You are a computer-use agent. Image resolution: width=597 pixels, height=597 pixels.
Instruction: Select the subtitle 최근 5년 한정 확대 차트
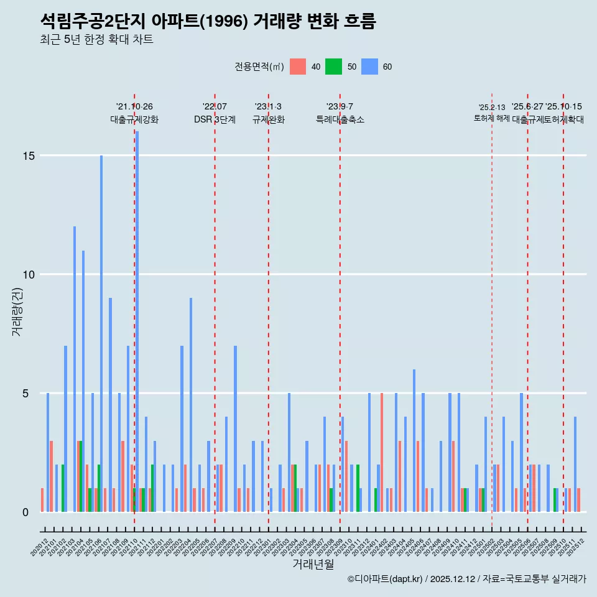tap(96, 40)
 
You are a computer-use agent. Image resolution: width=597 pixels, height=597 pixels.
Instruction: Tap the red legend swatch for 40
tap(298, 67)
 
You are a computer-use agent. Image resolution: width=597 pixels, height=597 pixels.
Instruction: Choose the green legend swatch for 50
tap(334, 67)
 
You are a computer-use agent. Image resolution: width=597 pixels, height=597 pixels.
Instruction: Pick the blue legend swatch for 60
tap(370, 67)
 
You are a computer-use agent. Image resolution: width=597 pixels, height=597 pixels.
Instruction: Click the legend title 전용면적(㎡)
tap(259, 67)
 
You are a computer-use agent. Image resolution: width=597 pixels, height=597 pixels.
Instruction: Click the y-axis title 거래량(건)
tap(17, 311)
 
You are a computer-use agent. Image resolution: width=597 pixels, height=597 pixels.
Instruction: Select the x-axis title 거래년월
tap(313, 564)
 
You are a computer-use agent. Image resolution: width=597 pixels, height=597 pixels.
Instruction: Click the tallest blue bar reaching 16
tap(137, 321)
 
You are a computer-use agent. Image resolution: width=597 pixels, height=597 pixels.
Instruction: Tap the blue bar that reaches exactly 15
tap(101, 333)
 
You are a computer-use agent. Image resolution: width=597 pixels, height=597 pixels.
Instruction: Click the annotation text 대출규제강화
tap(134, 119)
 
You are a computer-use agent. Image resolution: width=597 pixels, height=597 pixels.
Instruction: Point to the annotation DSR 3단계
tap(215, 119)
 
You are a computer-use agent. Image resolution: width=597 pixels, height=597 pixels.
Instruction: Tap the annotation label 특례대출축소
tap(340, 119)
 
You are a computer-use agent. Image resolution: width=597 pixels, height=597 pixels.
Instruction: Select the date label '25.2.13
tap(492, 108)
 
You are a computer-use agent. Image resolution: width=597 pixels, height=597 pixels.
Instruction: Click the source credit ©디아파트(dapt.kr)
tap(386, 579)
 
